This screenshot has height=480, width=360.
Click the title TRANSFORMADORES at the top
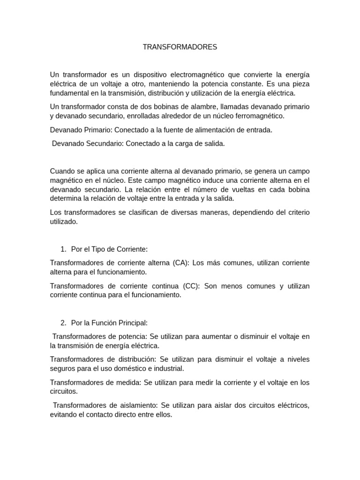[x=180, y=47]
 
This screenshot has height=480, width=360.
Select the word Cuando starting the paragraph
[x=62, y=172]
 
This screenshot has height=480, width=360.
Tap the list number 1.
[x=64, y=249]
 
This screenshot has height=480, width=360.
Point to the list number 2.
[x=64, y=322]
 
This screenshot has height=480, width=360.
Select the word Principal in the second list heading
[x=132, y=322]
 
